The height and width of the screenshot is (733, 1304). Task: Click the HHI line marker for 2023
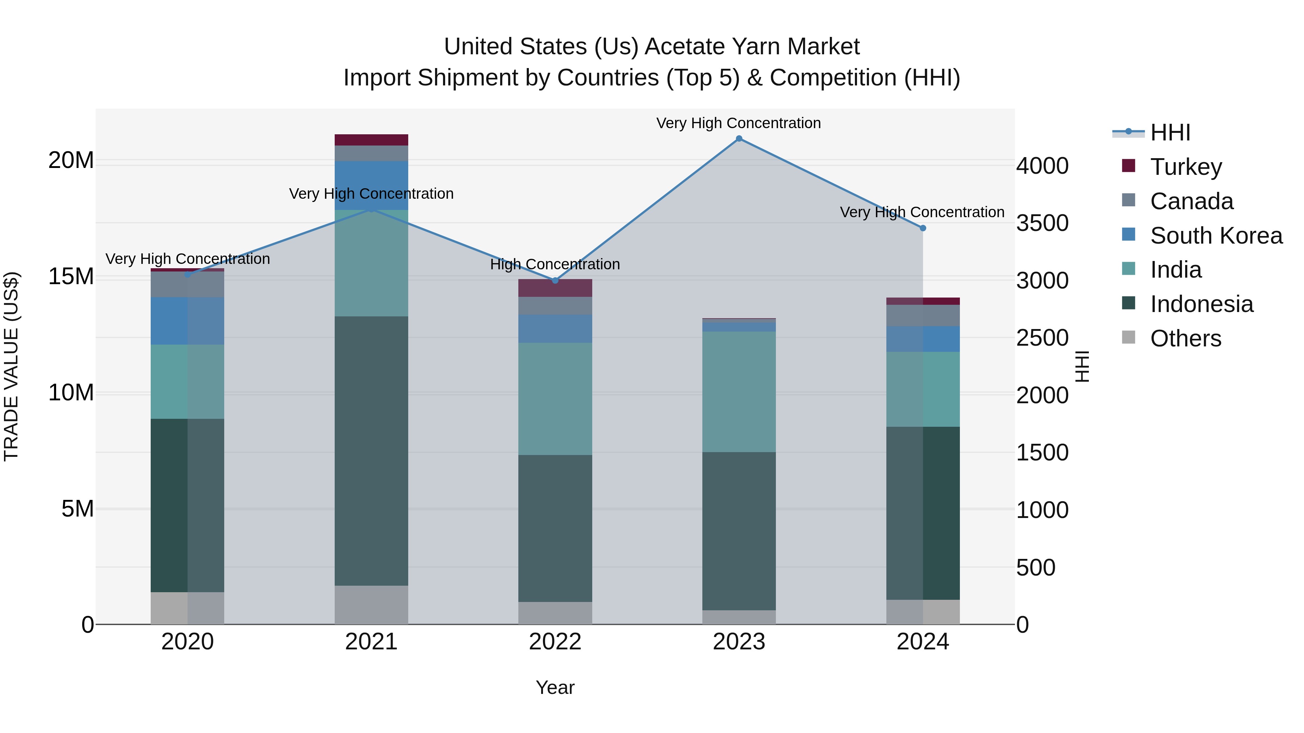[x=739, y=139]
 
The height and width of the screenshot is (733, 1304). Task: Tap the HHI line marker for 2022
[x=555, y=280]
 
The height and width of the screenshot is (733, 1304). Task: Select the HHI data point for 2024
[x=922, y=228]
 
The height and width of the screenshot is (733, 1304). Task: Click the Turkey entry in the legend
[x=1186, y=167]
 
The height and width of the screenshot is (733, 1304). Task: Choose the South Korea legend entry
[x=1216, y=236]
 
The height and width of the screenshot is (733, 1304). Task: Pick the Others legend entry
[x=1186, y=338]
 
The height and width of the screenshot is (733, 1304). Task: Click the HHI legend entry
[x=1170, y=132]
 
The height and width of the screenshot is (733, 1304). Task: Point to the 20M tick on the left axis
[x=71, y=160]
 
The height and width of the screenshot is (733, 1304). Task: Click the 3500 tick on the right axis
[x=1042, y=223]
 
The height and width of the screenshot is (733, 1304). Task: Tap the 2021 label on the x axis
[x=371, y=642]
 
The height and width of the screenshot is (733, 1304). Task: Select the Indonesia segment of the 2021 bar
[x=371, y=450]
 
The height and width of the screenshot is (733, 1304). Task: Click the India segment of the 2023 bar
[x=739, y=392]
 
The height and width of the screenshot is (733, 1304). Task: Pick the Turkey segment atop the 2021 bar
[x=371, y=140]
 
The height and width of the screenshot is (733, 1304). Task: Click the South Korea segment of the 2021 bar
[x=371, y=185]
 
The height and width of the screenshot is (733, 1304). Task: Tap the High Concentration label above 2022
[x=555, y=264]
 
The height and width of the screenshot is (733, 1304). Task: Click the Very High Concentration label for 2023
[x=739, y=123]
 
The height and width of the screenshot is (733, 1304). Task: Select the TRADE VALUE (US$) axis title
[x=11, y=366]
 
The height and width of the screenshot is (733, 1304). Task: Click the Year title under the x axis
[x=555, y=687]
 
